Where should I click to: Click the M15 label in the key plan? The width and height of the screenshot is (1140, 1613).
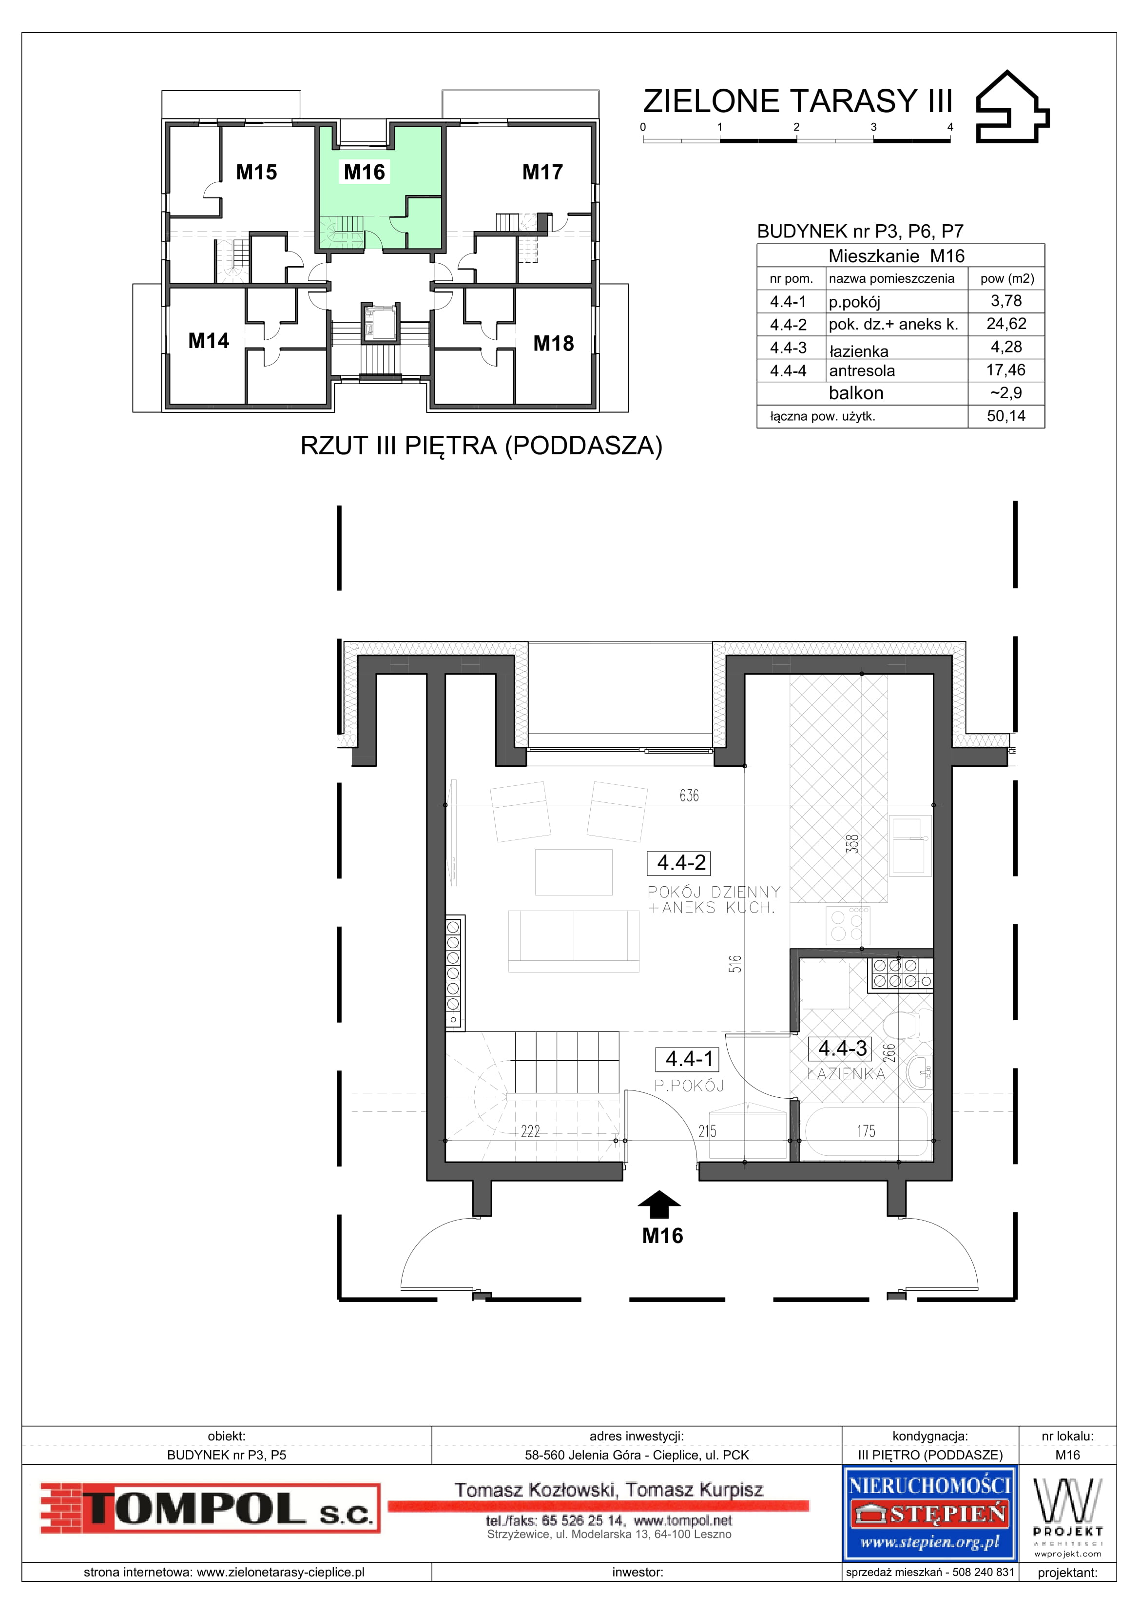tap(256, 172)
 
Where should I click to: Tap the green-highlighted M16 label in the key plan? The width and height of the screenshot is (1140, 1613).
tap(365, 172)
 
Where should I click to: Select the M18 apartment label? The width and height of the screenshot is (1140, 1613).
tap(554, 344)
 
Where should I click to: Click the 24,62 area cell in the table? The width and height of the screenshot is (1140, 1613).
tap(1006, 324)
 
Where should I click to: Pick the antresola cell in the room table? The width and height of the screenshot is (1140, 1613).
tap(862, 370)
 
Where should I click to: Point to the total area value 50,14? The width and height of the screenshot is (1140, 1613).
tap(1006, 416)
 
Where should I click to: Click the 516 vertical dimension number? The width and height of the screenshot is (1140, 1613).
tap(734, 963)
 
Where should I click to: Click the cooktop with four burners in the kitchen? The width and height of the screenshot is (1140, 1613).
tap(848, 925)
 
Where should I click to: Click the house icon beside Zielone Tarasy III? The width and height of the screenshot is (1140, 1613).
tap(1012, 107)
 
